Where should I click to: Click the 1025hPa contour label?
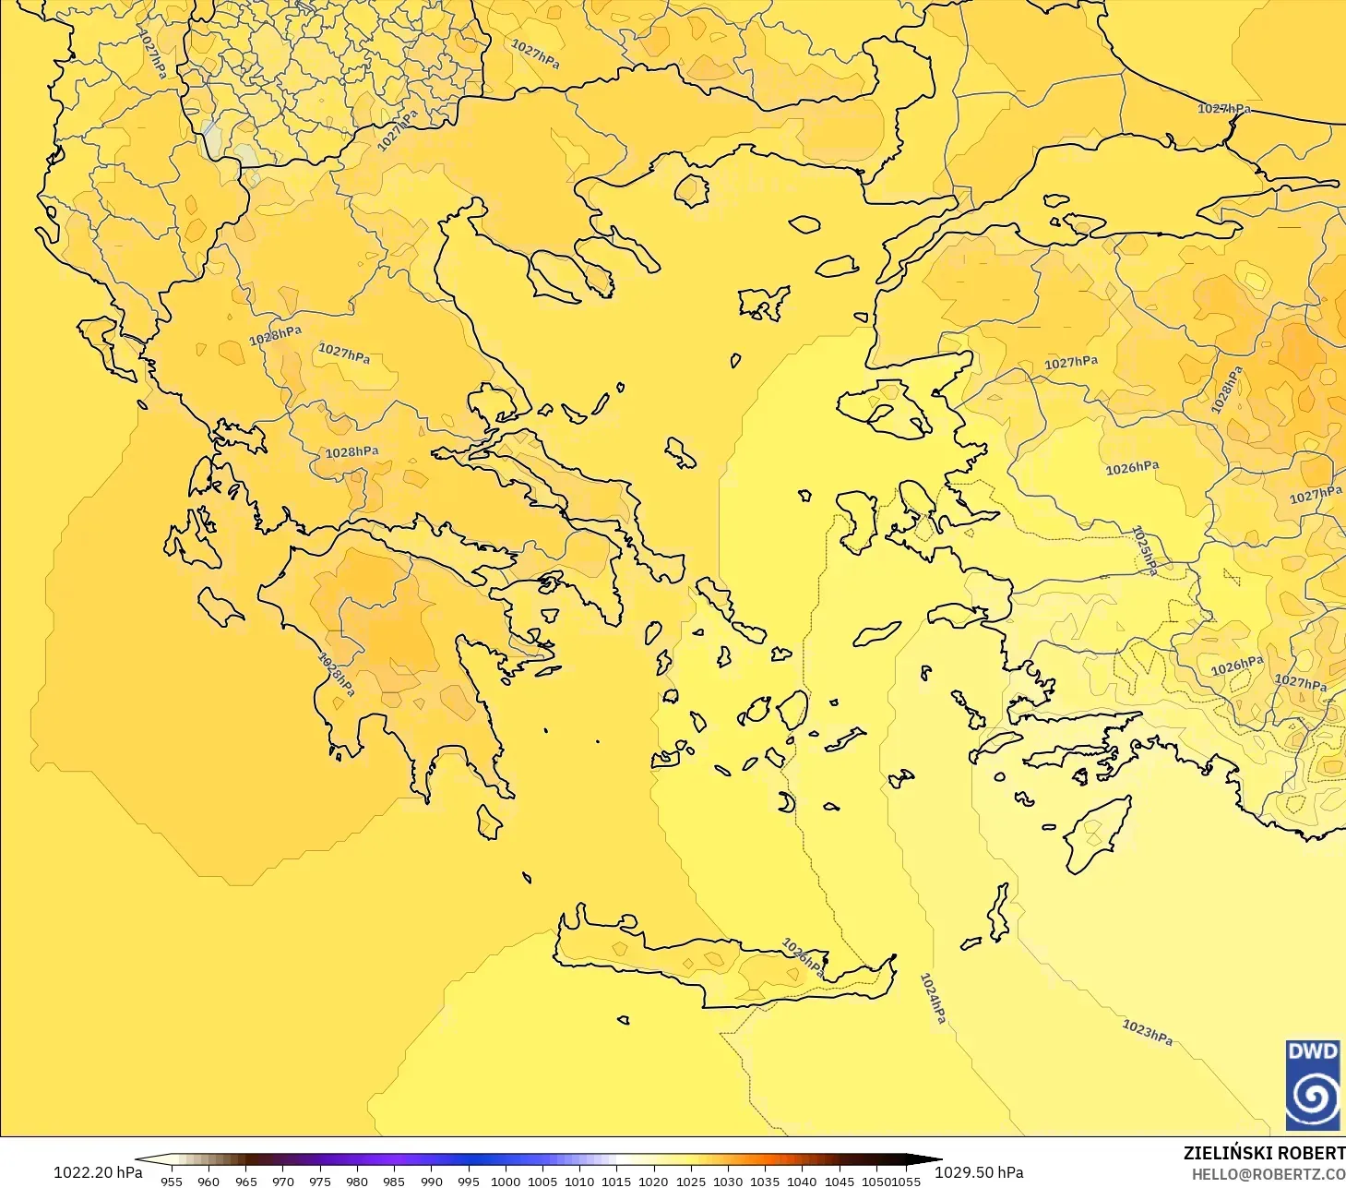(1144, 550)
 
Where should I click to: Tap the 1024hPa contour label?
(933, 998)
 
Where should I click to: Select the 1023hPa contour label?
(1147, 1031)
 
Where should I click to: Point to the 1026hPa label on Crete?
(803, 957)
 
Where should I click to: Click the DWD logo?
(1312, 1085)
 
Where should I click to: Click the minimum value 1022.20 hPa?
(98, 1172)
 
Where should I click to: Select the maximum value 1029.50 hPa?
(979, 1172)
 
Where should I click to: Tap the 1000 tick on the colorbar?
(505, 1181)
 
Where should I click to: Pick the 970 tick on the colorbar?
(282, 1181)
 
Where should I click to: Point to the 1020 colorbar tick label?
(653, 1181)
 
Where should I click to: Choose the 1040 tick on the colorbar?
(801, 1181)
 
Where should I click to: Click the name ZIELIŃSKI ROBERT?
(1264, 1153)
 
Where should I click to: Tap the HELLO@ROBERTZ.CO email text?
(1268, 1174)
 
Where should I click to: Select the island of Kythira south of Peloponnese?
(489, 822)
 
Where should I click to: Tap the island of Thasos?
(691, 190)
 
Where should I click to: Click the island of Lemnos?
(764, 302)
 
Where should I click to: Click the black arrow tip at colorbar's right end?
(936, 1160)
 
